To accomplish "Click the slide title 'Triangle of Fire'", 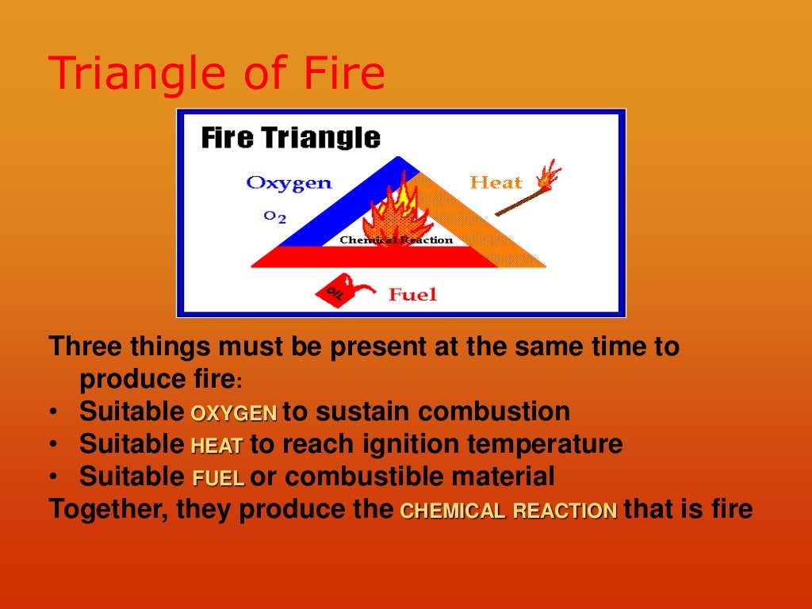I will pyautogui.click(x=216, y=75).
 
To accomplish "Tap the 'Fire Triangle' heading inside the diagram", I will pyautogui.click(x=290, y=138).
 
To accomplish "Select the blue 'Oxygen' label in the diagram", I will pyautogui.click(x=289, y=183).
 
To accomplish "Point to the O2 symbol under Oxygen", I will pyautogui.click(x=274, y=216).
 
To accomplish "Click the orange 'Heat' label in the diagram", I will pyautogui.click(x=496, y=183).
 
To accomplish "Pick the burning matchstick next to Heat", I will pyautogui.click(x=528, y=190).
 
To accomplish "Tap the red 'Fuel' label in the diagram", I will pyautogui.click(x=412, y=295).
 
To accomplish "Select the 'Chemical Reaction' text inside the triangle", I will pyautogui.click(x=396, y=240).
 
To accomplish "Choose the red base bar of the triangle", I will pyautogui.click(x=373, y=257).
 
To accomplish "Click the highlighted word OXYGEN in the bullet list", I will pyautogui.click(x=233, y=413).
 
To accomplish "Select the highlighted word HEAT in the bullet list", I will pyautogui.click(x=216, y=446).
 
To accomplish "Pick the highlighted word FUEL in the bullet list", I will pyautogui.click(x=218, y=479).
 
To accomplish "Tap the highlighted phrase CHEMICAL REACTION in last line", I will pyautogui.click(x=508, y=511).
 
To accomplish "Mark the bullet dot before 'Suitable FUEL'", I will pyautogui.click(x=52, y=478).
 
